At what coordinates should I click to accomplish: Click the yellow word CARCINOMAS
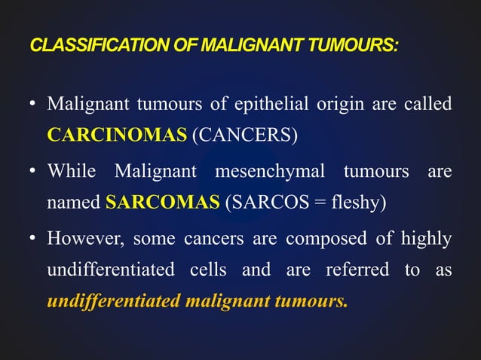point(116,136)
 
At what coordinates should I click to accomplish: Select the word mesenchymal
point(271,171)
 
